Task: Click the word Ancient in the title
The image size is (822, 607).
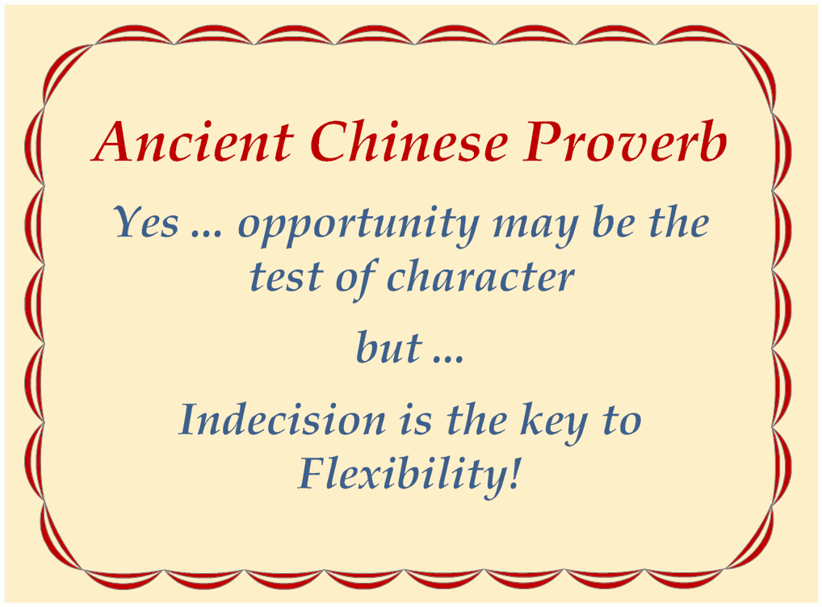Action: [x=193, y=141]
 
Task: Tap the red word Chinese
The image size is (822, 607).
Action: [x=409, y=141]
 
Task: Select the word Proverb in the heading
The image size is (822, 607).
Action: [x=626, y=141]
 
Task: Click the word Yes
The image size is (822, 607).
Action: [x=146, y=222]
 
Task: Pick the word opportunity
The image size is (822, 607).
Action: [x=359, y=225]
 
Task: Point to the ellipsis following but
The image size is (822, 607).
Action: [x=449, y=358]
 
